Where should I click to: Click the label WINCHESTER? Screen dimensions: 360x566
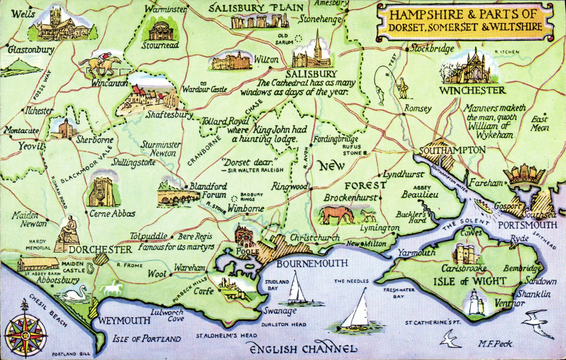(x=472, y=91)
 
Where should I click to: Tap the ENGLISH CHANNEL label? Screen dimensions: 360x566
(x=303, y=349)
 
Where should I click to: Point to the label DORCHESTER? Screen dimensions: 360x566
(x=100, y=249)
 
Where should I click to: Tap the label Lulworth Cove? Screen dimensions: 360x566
(x=168, y=315)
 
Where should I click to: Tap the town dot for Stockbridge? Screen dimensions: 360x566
(x=407, y=49)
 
